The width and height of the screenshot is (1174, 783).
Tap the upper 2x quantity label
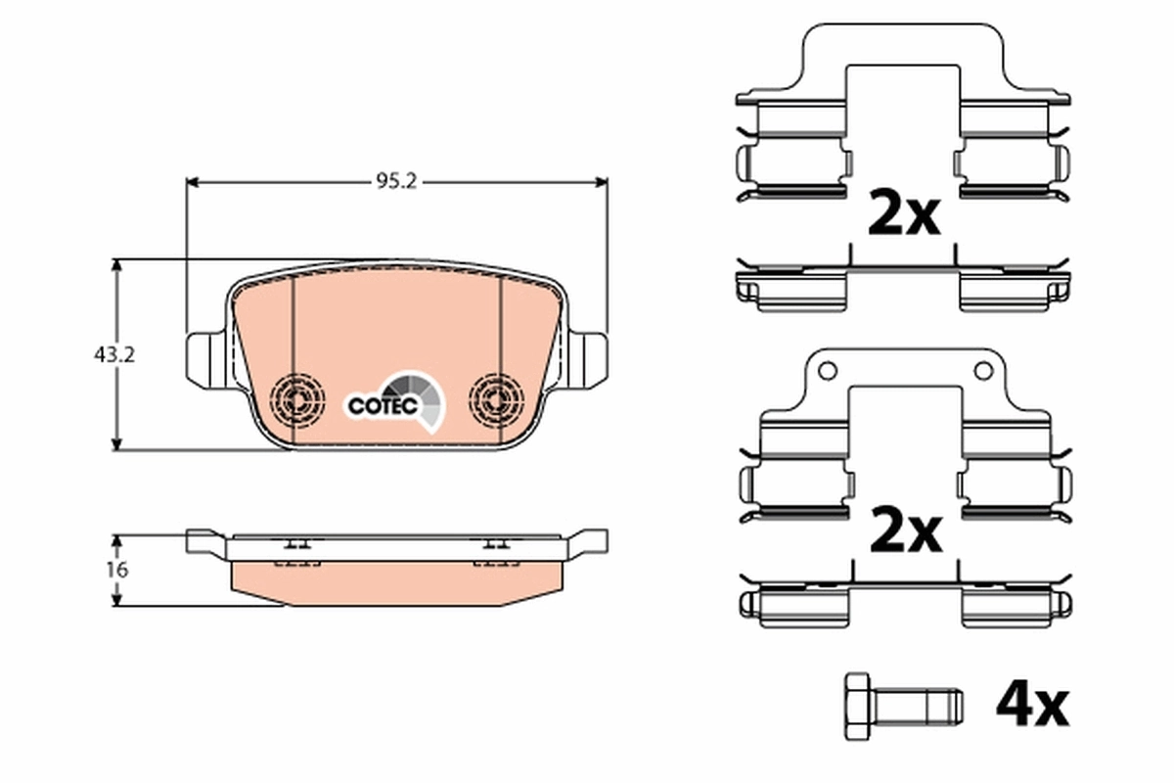[904, 215]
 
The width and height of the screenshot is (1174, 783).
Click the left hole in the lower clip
[828, 371]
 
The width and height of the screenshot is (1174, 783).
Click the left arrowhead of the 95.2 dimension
[192, 182]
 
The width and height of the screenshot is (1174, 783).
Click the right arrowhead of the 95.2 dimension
[603, 182]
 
